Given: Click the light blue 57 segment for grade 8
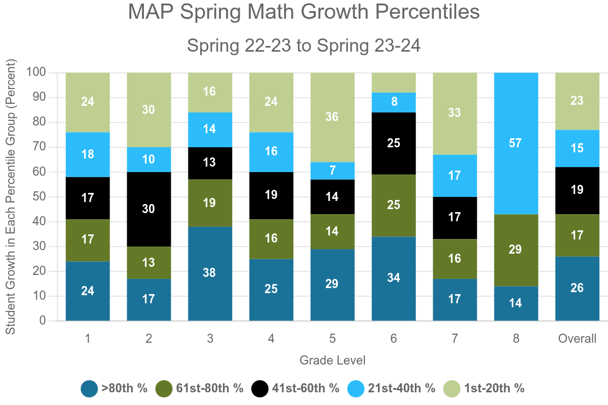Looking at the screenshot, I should coord(516,143).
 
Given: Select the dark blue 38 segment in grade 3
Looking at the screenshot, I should coord(210,273).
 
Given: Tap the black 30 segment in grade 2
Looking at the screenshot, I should coord(148,209).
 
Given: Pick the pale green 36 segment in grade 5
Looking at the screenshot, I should coord(332,117).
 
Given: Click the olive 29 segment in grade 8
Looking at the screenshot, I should coord(516,250).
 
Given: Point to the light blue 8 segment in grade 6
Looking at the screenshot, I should coord(394,102).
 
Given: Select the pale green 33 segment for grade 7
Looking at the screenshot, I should coord(454,113).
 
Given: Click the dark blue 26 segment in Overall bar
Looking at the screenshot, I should coord(577,289).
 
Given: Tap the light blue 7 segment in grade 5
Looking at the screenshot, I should coord(332,171).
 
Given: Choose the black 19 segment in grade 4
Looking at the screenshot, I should coord(271,194).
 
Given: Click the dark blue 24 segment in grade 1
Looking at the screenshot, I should coord(88,291).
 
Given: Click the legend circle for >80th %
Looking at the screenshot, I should coord(89,389).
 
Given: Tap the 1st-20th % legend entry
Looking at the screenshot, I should coord(484,389).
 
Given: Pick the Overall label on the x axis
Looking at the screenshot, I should coord(577,339).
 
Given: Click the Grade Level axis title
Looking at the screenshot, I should coord(332,360).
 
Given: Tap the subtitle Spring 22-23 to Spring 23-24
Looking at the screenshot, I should coord(303,46).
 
